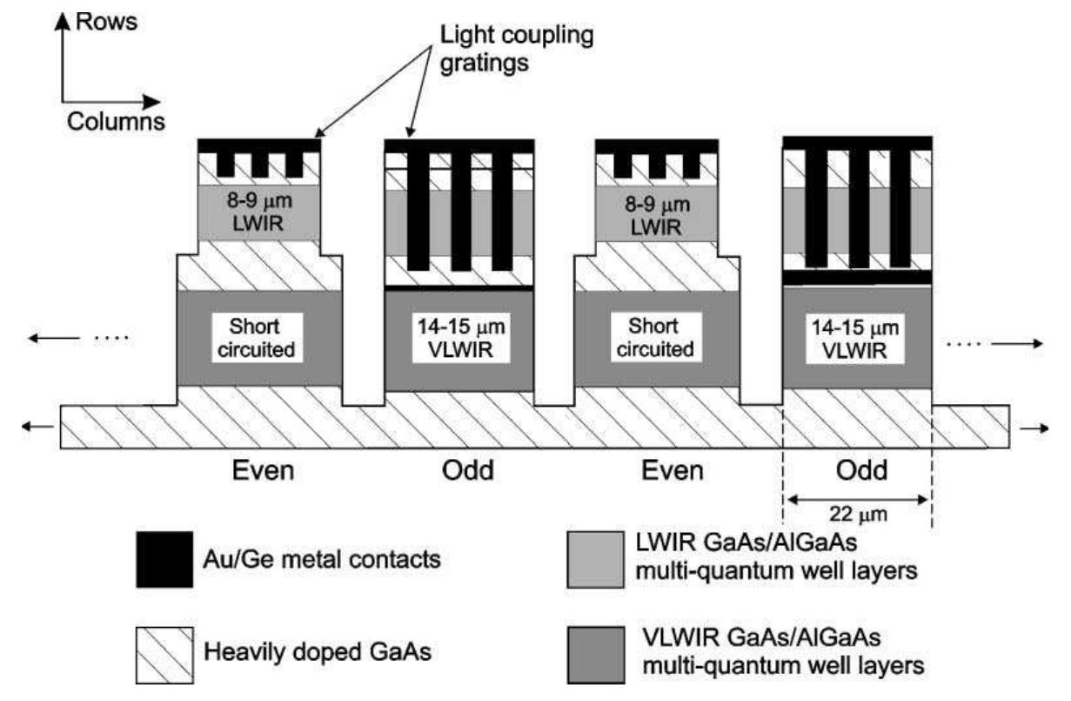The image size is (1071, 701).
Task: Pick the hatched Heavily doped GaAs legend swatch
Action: tap(164, 653)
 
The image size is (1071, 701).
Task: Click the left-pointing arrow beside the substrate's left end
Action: tap(37, 426)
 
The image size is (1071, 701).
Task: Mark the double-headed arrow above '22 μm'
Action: tap(857, 499)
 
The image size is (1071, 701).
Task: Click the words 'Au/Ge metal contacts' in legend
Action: tap(323, 558)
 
